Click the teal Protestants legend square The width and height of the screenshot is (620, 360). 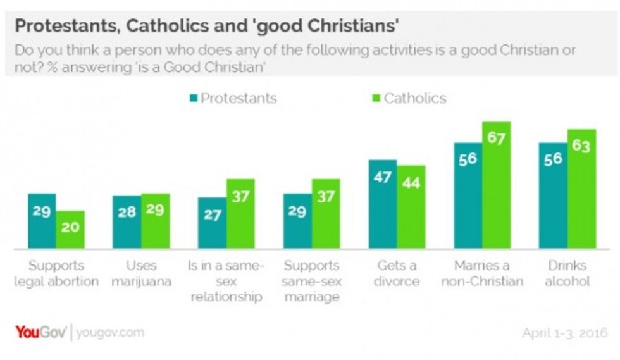(x=194, y=98)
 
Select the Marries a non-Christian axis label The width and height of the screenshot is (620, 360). (x=481, y=273)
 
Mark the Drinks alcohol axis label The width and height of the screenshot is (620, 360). (x=567, y=273)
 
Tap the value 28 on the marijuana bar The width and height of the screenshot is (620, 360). (x=127, y=212)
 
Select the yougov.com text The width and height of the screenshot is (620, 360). (x=110, y=332)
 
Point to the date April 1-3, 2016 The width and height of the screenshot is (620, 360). (x=564, y=333)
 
